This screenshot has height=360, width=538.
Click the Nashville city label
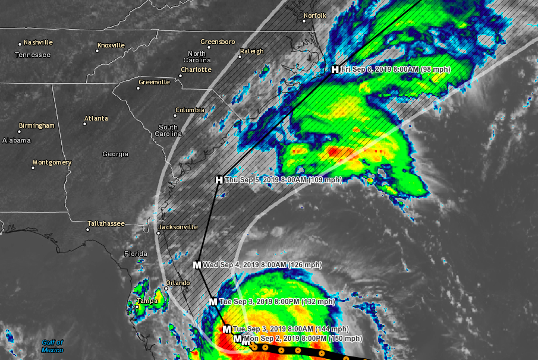pos(38,42)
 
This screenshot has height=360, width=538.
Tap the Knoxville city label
pos(111,45)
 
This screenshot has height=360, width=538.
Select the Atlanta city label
pos(96,118)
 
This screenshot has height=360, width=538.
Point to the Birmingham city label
pos(36,126)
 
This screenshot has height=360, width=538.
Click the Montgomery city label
pos(52,163)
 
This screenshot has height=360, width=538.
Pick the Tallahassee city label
pos(106,223)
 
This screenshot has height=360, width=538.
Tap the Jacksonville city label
pos(177,227)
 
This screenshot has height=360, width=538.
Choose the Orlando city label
pos(177,283)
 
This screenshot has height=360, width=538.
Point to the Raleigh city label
pos(251,52)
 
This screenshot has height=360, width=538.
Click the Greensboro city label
pos(218,42)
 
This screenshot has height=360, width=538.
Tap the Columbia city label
pos(190,110)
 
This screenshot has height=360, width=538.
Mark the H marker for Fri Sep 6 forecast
pos(335,70)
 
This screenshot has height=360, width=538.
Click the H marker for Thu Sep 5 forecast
pos(219,179)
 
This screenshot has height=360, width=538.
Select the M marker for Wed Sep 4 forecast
pos(197,264)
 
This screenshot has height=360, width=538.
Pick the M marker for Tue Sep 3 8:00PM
pos(213,302)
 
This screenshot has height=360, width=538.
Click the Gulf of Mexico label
pos(52,346)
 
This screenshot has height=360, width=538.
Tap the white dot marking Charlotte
pos(181,75)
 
